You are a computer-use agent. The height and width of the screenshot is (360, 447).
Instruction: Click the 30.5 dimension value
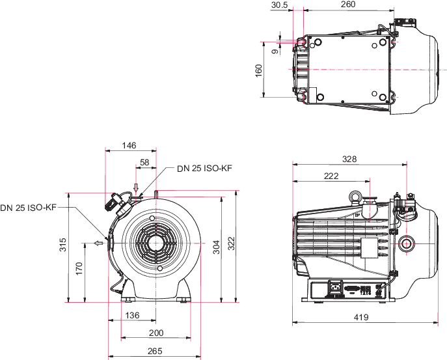pos(279,5)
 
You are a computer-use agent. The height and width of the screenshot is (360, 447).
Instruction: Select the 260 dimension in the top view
pos(347,5)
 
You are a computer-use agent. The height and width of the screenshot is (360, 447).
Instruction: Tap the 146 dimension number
pos(129,145)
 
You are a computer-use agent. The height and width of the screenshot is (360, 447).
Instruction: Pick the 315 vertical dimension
pos(63,245)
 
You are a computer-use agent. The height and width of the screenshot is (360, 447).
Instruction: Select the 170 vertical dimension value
pos(79,269)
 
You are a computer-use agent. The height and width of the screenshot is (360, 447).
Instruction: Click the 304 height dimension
pos(217,247)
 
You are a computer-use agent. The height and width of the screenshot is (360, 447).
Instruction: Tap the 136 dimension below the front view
pos(132,316)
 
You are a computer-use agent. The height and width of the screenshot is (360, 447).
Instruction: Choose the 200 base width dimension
pos(156,333)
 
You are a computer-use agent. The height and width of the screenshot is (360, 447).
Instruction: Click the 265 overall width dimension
pos(155,351)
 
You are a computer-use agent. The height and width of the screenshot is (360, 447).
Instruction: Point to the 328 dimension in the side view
pos(350,158)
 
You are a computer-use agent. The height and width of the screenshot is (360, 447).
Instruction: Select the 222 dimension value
pos(331,176)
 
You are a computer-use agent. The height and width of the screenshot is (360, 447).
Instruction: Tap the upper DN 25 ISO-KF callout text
pos(204,169)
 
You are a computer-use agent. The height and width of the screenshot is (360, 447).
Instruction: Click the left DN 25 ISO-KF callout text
pos(29,208)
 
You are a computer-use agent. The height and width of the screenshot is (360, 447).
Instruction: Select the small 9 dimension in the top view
pos(275,49)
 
